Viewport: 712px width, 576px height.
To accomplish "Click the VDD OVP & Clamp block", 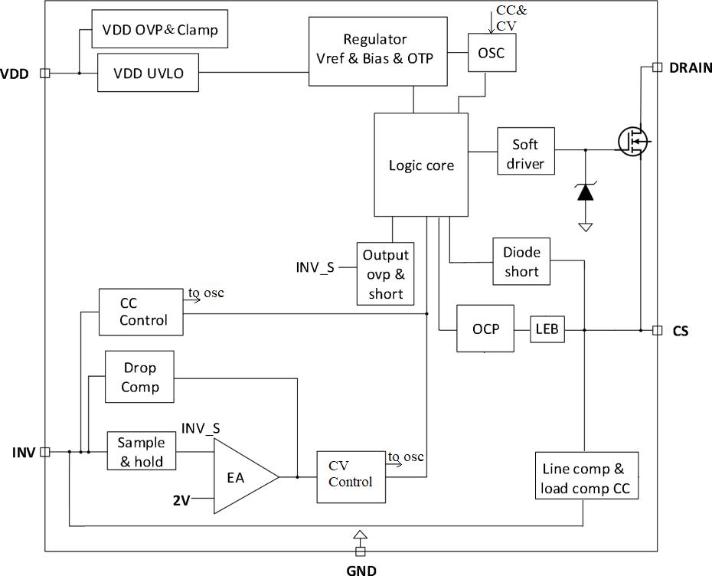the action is [x=159, y=28].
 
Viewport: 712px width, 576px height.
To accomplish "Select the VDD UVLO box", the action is [x=148, y=73].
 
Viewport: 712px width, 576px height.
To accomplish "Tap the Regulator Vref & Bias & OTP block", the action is [x=377, y=51].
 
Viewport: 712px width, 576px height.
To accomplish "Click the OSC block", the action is [x=492, y=52].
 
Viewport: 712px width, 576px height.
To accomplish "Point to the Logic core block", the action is [x=421, y=165].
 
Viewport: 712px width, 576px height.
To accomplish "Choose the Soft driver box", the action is [x=526, y=151].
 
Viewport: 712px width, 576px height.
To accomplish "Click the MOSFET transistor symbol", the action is [x=633, y=141].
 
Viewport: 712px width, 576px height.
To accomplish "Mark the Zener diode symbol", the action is [x=586, y=192].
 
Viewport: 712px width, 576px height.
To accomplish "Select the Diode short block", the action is [x=521, y=261].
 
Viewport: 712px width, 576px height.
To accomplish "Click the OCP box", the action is [x=485, y=329].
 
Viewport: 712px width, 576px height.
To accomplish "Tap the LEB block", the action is [x=547, y=329].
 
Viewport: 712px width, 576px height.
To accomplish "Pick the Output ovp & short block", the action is [x=386, y=273].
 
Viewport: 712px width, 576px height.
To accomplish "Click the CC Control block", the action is [x=141, y=312].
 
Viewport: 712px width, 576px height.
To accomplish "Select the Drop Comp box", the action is [x=139, y=377].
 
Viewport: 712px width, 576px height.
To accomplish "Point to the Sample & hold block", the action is [x=141, y=451].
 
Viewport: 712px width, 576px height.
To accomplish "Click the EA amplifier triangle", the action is [x=245, y=476].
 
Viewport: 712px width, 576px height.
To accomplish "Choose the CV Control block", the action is [x=351, y=477].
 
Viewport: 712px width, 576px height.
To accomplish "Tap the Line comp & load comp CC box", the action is [x=586, y=476].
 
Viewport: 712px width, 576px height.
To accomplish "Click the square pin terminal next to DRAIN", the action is [x=657, y=67].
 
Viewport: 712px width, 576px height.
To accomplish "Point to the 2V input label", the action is [x=181, y=500].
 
